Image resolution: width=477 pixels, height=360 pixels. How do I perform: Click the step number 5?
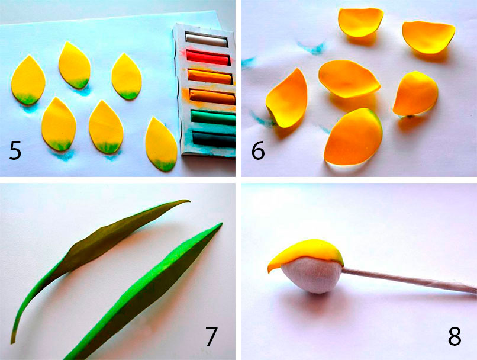point(15,150)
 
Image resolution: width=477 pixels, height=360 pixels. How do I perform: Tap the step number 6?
point(258,150)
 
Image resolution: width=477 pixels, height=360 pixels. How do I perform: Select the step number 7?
point(211,336)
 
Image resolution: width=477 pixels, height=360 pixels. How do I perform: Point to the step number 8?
point(455,336)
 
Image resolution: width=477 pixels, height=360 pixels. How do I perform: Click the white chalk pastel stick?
point(207,40)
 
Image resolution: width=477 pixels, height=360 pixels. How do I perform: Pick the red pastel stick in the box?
point(208,57)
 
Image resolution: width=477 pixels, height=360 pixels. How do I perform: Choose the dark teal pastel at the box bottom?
point(214,139)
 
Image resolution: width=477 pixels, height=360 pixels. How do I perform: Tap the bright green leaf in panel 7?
point(143,291)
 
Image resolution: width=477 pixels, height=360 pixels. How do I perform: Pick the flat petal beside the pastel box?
point(161,144)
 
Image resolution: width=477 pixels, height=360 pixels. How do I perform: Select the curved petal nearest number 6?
point(287,99)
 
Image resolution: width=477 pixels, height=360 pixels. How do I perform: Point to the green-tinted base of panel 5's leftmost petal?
point(27,98)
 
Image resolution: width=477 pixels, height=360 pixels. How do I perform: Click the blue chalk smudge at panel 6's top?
point(312,49)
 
